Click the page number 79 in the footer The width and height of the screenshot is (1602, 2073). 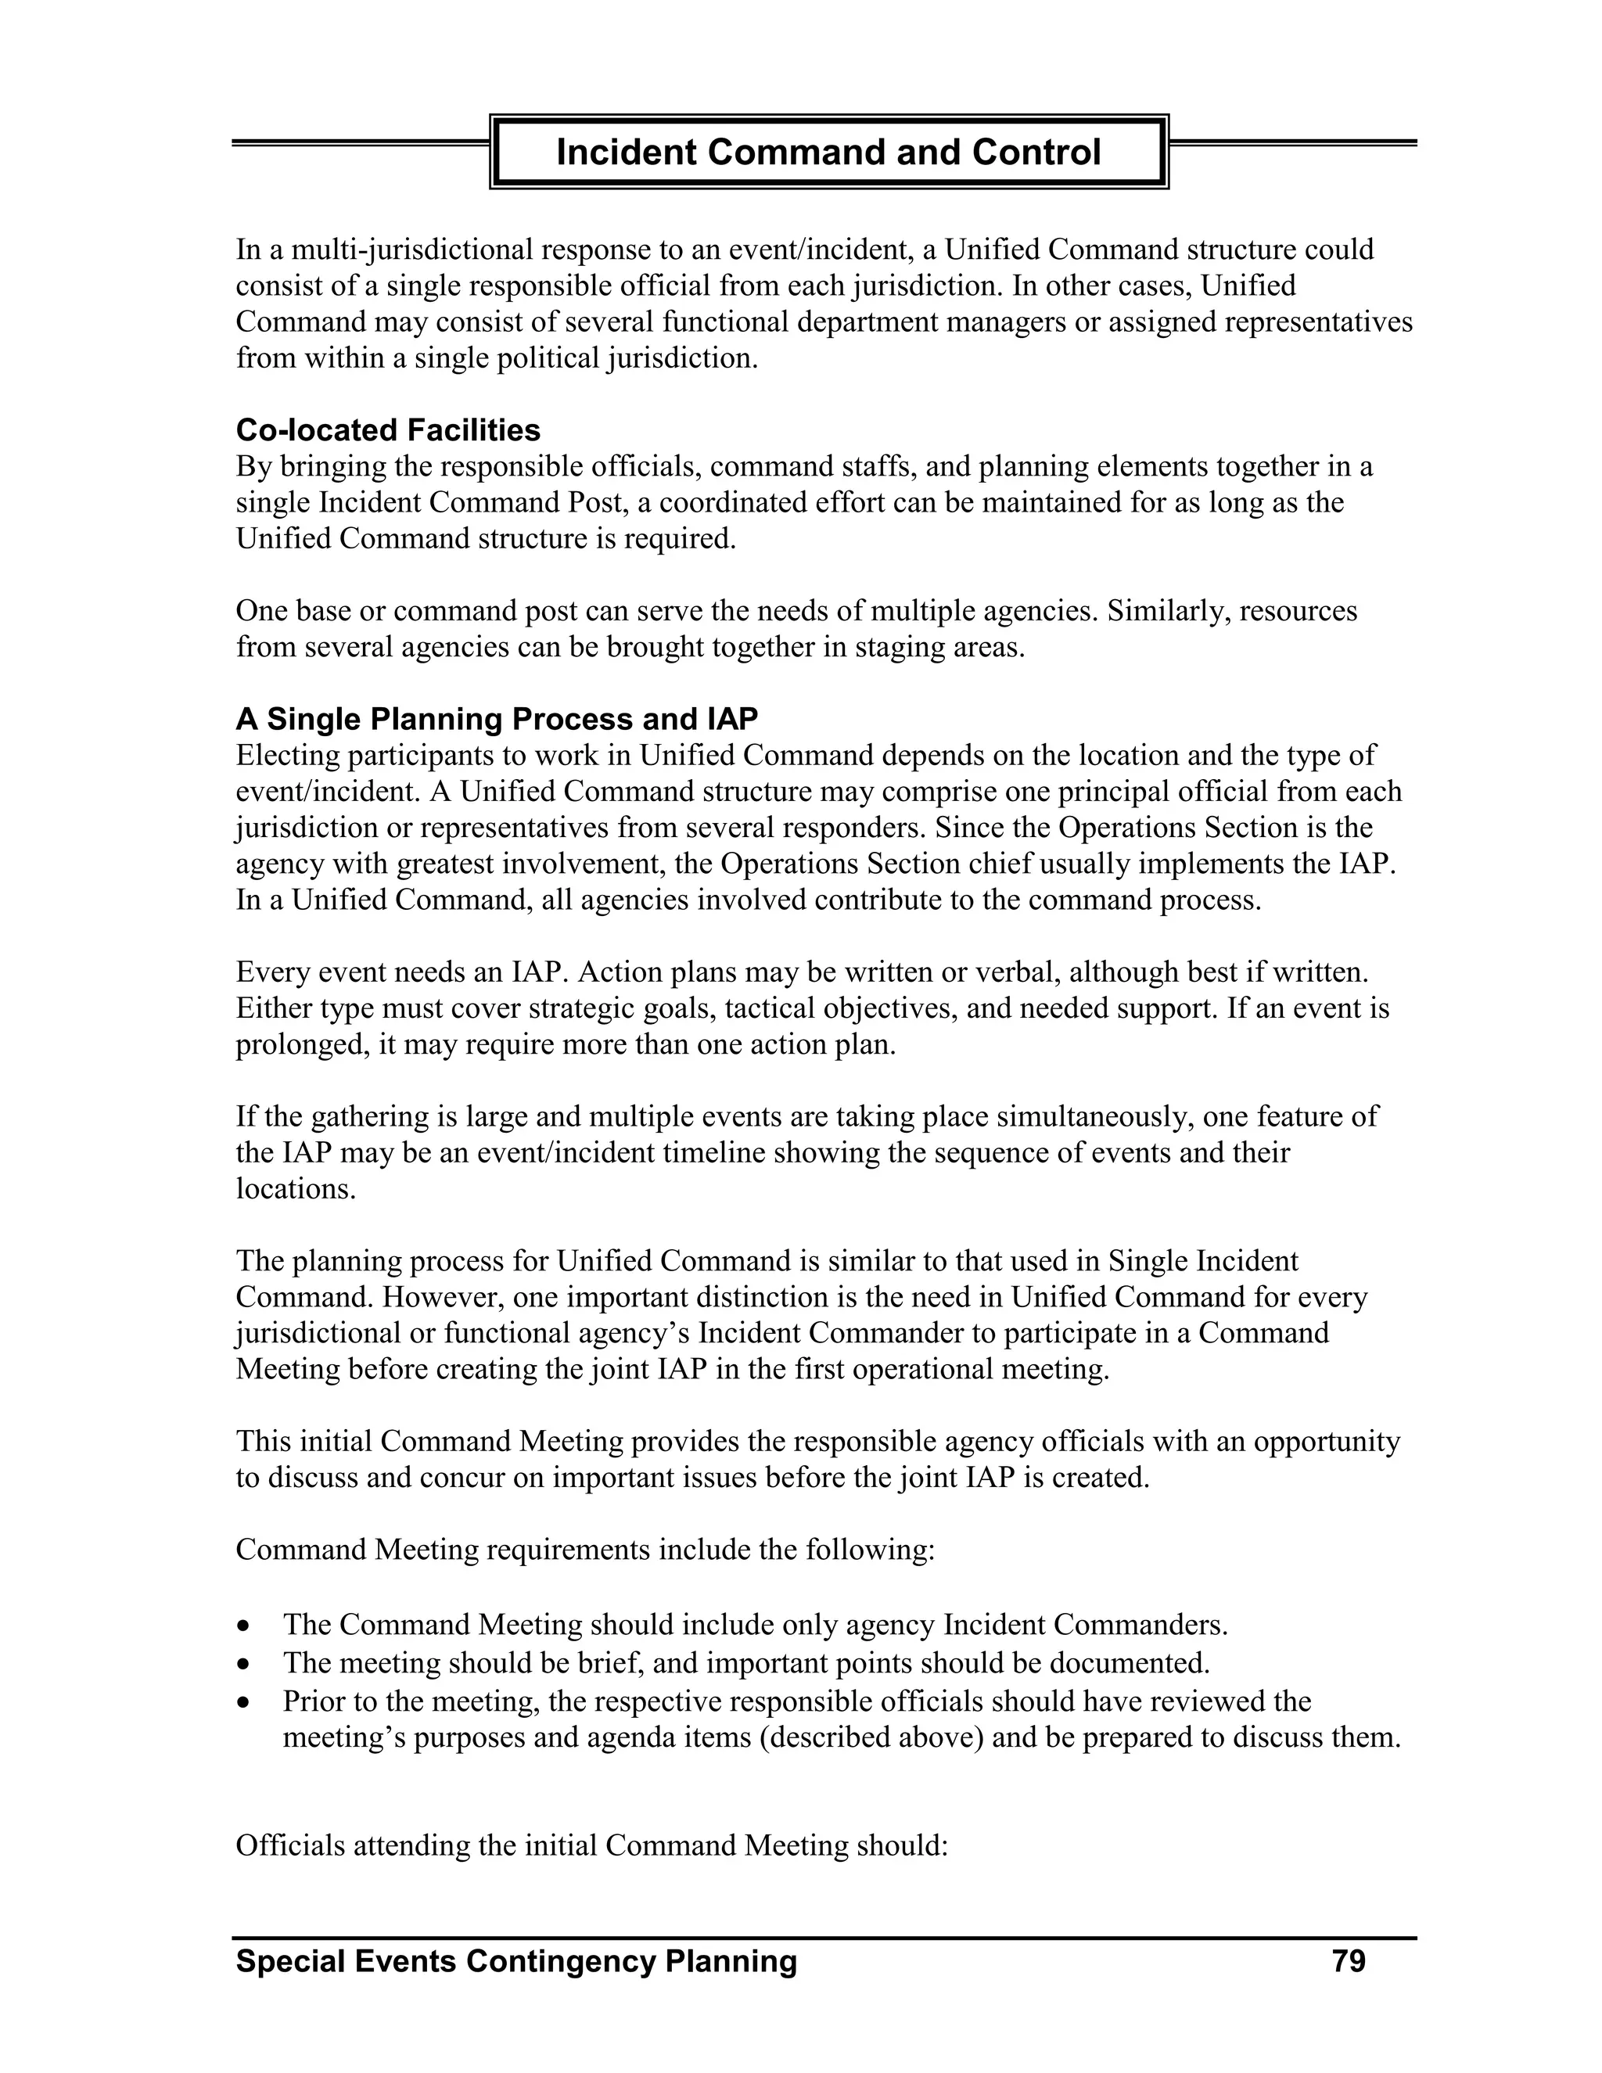click(1348, 1961)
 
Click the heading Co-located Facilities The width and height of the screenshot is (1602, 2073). click(387, 430)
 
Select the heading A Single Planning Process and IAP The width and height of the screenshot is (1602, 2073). click(497, 719)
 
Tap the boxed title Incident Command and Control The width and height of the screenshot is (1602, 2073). click(828, 152)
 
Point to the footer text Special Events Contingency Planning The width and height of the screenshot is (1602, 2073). click(516, 1961)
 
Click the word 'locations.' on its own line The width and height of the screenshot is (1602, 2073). click(295, 1189)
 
